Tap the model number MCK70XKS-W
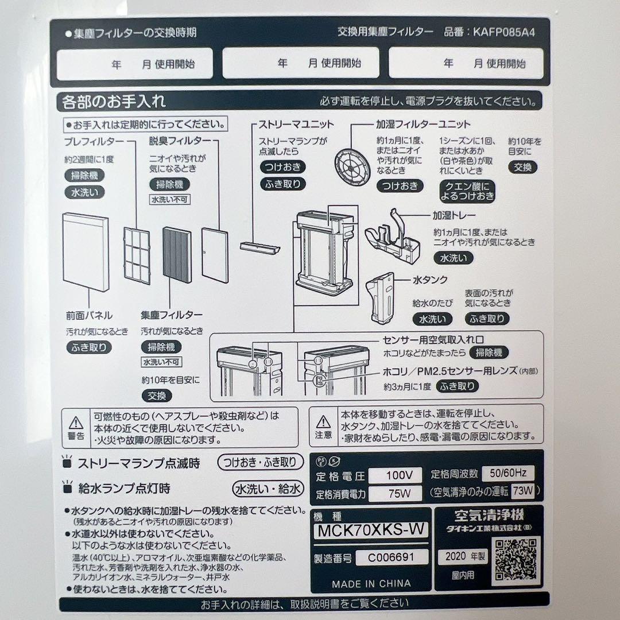click(x=371, y=530)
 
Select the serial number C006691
click(x=392, y=557)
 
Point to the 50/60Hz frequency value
click(x=508, y=474)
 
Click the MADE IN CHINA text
click(x=371, y=583)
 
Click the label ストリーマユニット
click(x=296, y=124)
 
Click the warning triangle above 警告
click(x=76, y=424)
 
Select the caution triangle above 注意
click(x=323, y=423)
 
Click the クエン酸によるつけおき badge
click(x=467, y=192)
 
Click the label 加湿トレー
click(x=454, y=216)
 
